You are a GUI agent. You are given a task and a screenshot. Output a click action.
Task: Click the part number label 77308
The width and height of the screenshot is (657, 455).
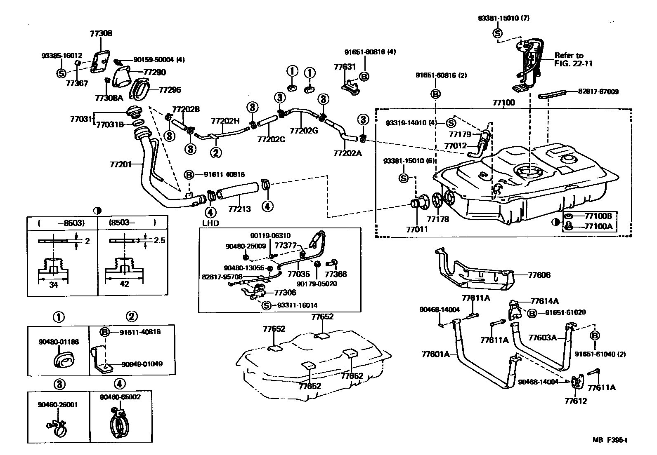point(101,33)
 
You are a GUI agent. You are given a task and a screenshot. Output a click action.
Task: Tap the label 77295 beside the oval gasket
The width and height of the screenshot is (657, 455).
point(170,90)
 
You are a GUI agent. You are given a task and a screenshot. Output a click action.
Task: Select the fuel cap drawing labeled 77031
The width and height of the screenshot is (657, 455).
point(134,112)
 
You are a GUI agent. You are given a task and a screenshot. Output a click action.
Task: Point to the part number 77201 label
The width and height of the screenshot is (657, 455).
point(121,164)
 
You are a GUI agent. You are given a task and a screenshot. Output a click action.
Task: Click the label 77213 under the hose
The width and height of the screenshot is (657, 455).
point(240,209)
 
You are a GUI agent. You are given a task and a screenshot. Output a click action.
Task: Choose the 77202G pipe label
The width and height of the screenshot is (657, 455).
point(304,131)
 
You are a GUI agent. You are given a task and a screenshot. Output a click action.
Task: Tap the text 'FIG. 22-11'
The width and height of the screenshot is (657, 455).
point(573,63)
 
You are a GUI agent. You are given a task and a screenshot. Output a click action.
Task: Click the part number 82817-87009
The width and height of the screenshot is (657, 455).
point(598,91)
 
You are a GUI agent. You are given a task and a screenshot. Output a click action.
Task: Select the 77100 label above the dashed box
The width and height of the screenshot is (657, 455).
point(503,103)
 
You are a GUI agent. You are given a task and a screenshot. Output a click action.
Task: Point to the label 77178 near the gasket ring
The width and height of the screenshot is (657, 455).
point(438,219)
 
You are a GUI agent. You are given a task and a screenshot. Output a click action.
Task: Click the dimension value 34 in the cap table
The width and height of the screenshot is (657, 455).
point(53,284)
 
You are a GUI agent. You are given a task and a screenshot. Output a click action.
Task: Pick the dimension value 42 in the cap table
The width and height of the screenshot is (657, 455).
point(124,284)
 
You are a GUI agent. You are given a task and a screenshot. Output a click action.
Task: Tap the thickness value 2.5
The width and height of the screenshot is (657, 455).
point(160,241)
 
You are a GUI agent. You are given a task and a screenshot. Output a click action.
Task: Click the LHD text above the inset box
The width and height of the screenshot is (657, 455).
point(210,223)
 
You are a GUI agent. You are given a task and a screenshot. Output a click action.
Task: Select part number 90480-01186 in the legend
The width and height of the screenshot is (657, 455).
point(59,342)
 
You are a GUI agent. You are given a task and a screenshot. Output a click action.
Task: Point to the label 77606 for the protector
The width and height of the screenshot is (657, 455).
point(539,275)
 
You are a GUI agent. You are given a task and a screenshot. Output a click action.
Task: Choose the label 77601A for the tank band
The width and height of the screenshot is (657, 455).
point(435,354)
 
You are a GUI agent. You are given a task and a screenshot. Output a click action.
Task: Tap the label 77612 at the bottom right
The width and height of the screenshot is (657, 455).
point(576,401)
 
